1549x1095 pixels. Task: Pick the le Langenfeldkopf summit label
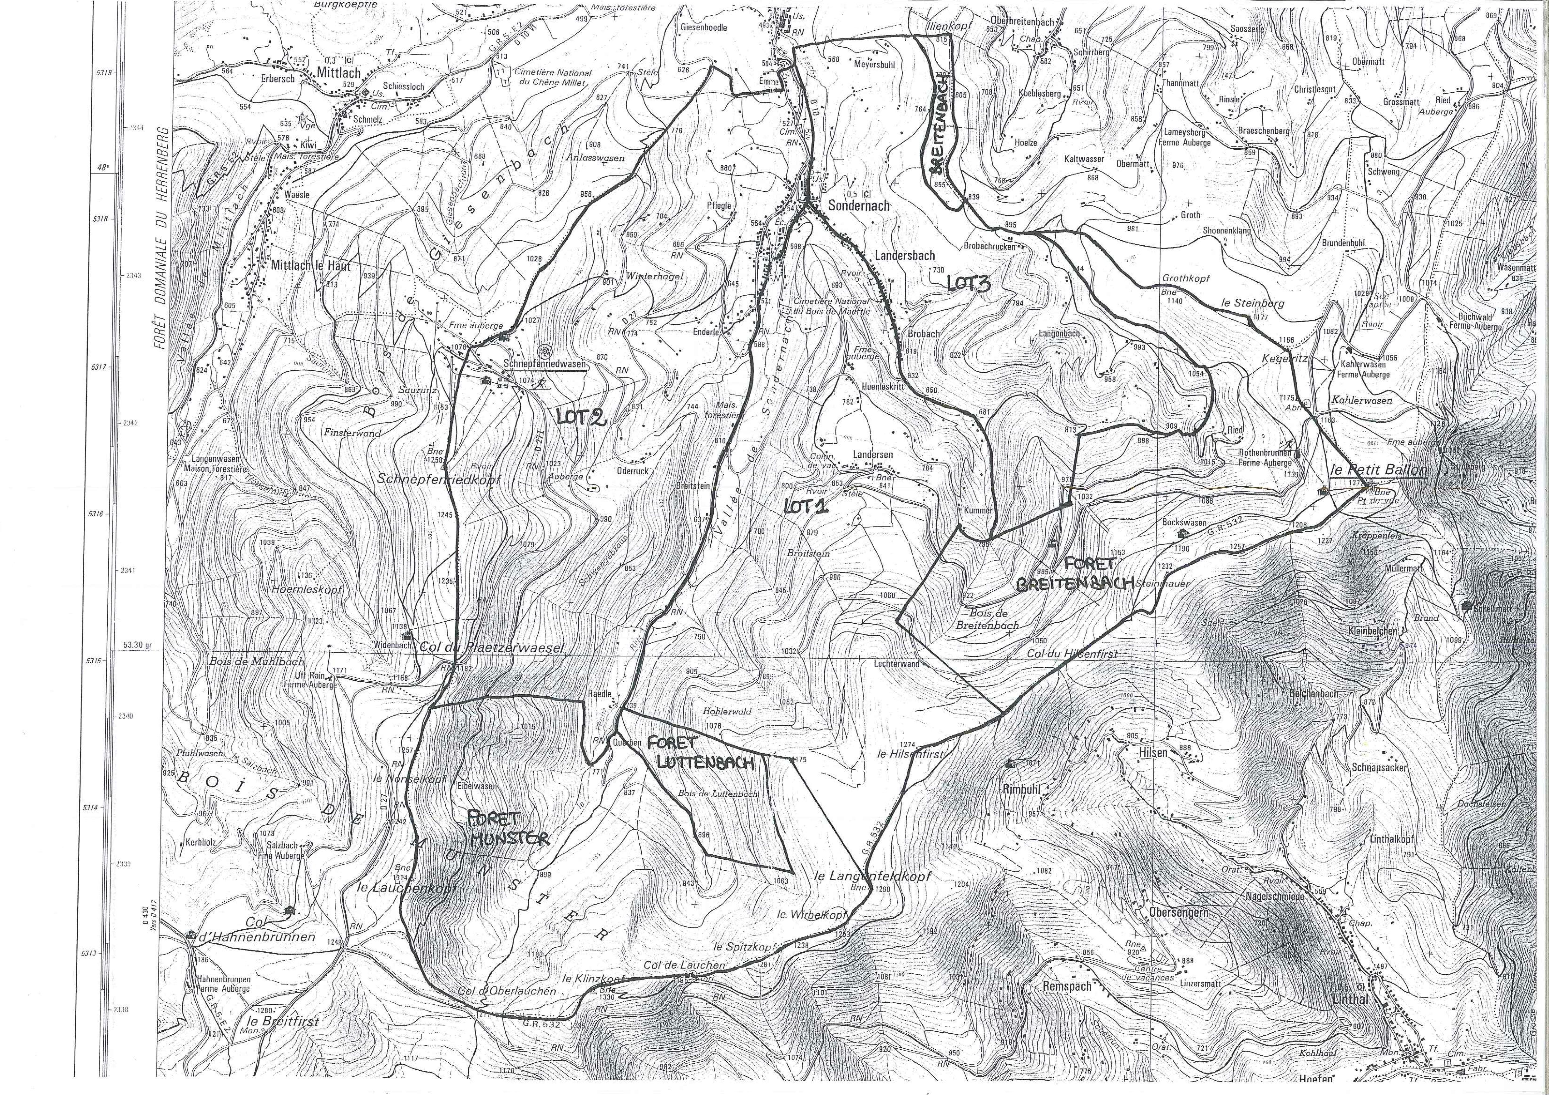872,876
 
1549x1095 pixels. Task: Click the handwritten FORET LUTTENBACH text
692,753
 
